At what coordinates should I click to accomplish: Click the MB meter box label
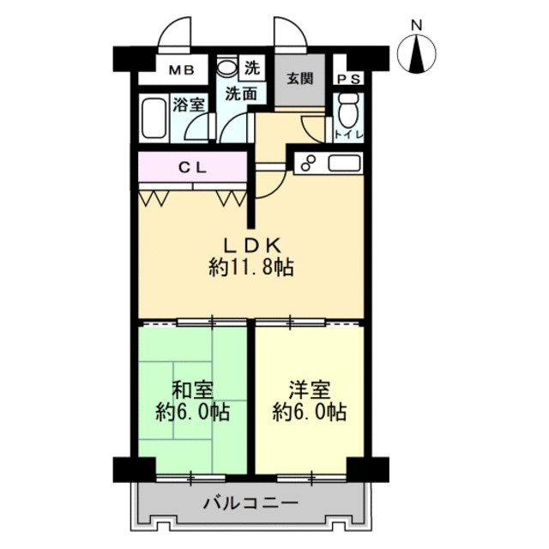coord(181,70)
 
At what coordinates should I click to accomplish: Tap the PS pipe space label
coord(348,80)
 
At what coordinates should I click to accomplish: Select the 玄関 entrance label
coord(299,78)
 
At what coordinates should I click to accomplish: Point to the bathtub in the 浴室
coord(154,118)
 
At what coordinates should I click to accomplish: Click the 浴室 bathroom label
coord(189,105)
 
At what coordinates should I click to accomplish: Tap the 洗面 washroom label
coord(241,94)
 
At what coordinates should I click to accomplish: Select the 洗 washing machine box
coord(251,68)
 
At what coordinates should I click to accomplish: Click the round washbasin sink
coord(226,66)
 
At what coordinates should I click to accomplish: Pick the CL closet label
coord(192,168)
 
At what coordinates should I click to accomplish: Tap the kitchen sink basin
coord(344,164)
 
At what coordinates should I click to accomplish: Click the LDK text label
coord(252,245)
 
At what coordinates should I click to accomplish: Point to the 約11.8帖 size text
coord(251,268)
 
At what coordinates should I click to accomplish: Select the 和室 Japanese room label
coord(192,390)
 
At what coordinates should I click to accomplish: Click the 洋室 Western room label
coord(310,390)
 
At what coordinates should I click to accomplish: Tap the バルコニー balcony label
coord(251,504)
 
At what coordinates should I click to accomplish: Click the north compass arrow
coord(417,53)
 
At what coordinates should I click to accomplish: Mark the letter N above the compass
coord(417,25)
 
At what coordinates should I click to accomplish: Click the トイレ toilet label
coord(348,135)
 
